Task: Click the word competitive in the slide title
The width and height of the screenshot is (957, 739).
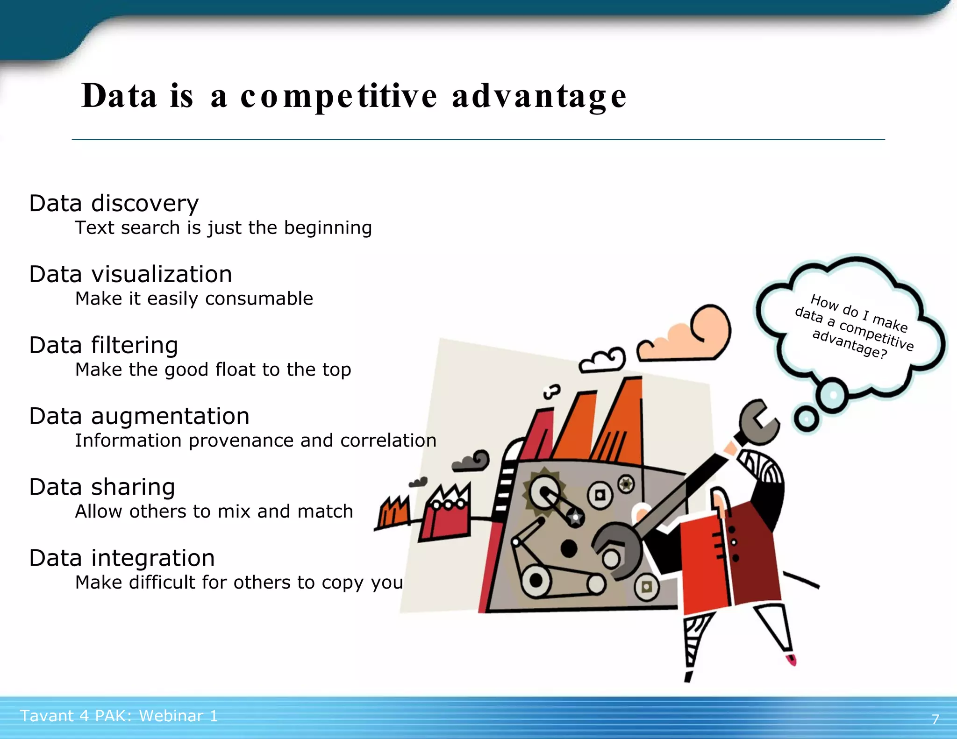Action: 339,97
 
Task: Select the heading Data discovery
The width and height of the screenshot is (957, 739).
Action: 114,204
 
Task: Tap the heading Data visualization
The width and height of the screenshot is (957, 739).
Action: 130,275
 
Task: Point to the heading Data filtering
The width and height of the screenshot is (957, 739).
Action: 103,346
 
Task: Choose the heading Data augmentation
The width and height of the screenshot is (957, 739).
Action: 139,417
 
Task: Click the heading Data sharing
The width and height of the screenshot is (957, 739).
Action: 102,488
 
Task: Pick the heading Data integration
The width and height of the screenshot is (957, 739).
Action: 121,559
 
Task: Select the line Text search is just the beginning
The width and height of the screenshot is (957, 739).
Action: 223,228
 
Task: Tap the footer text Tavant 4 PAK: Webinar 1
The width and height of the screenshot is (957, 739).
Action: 119,716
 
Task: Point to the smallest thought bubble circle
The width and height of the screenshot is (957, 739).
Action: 806,419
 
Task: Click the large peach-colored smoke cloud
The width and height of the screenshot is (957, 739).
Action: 692,336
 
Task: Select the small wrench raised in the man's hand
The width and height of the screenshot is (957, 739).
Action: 758,422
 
